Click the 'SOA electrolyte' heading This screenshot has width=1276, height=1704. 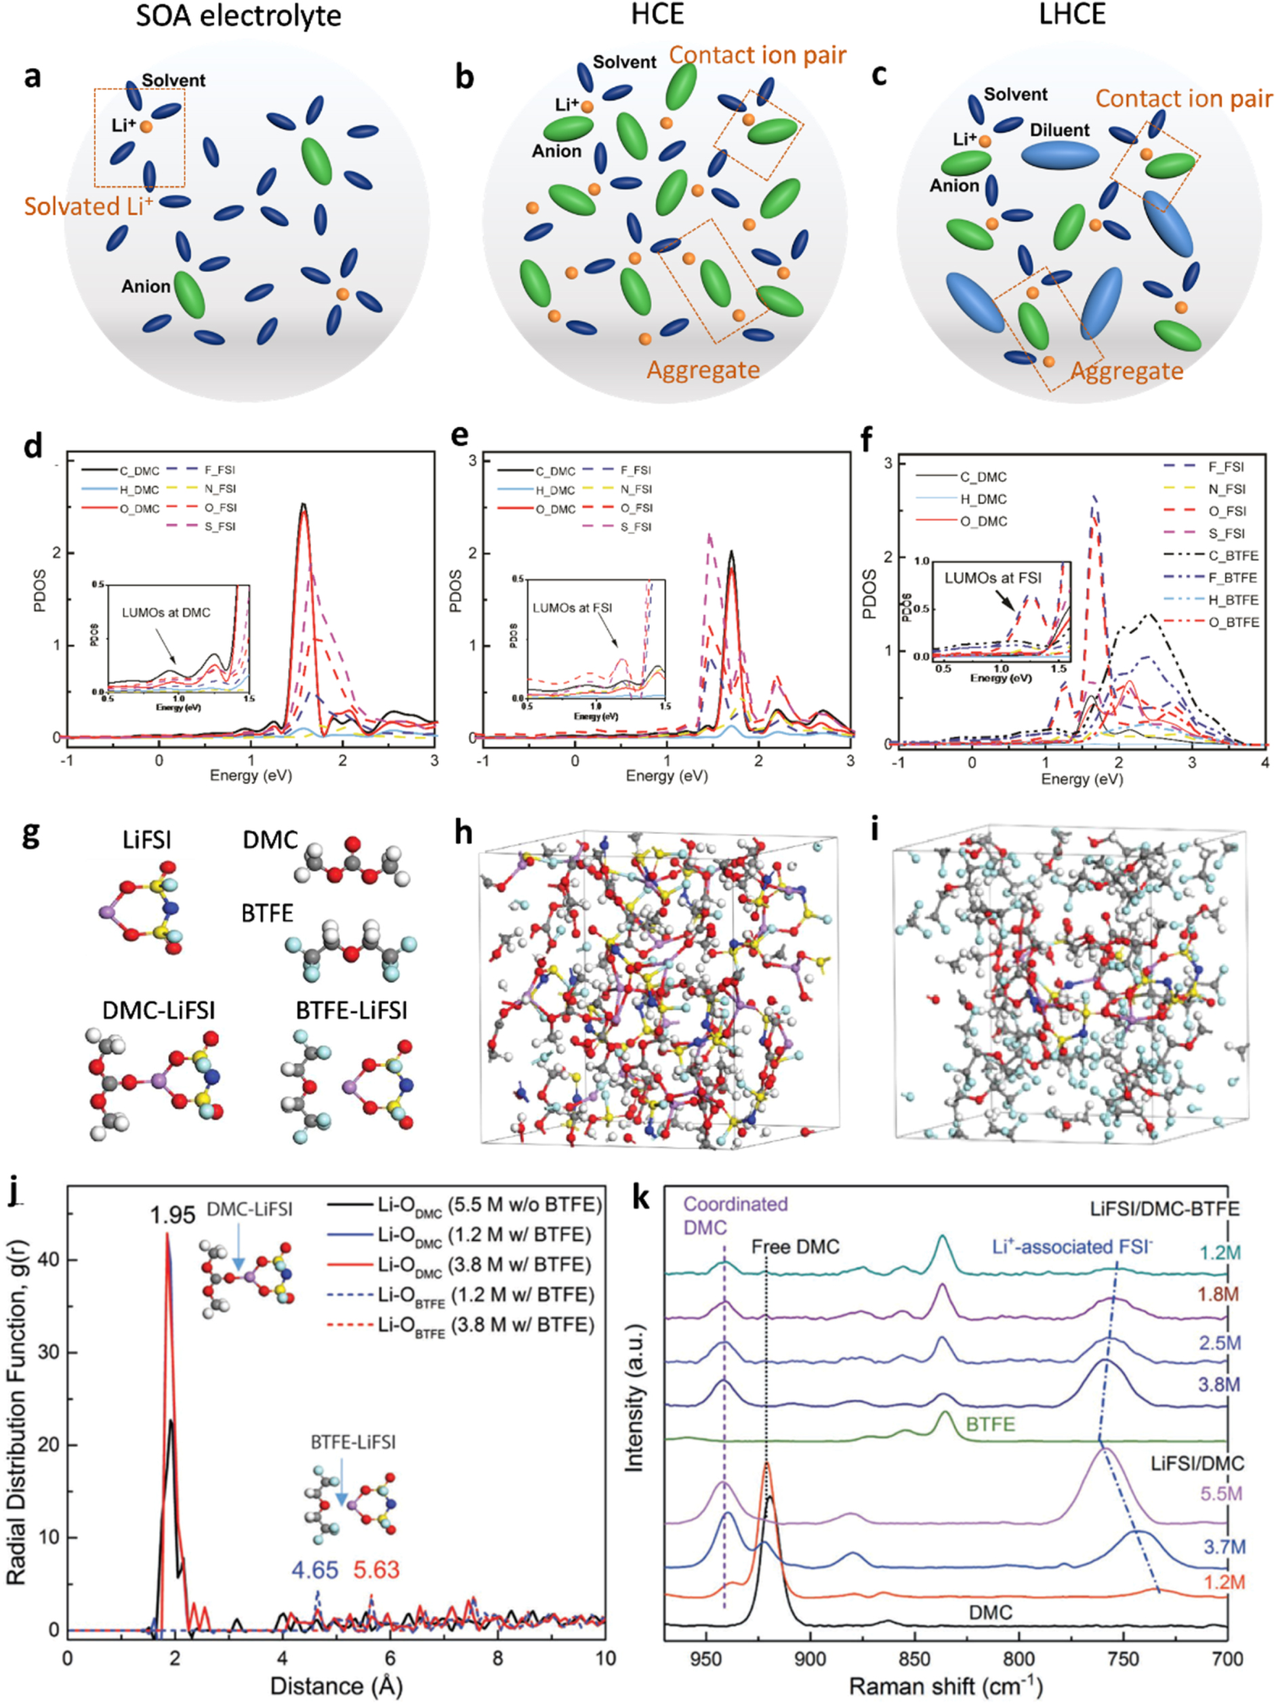click(239, 16)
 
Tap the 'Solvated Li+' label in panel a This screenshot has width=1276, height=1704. click(89, 206)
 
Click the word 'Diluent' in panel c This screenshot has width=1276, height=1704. click(1060, 130)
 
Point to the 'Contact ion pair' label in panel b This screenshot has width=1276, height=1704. click(758, 56)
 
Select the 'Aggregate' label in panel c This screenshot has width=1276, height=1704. click(1127, 372)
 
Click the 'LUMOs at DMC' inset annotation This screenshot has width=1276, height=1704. click(165, 612)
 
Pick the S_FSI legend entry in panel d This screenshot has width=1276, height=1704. click(220, 527)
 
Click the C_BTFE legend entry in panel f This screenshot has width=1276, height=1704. click(1233, 555)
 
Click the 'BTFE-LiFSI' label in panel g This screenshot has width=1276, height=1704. click(352, 1010)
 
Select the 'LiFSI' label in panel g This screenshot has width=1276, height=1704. click(146, 839)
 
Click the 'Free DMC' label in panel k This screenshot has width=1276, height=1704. click(796, 1246)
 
